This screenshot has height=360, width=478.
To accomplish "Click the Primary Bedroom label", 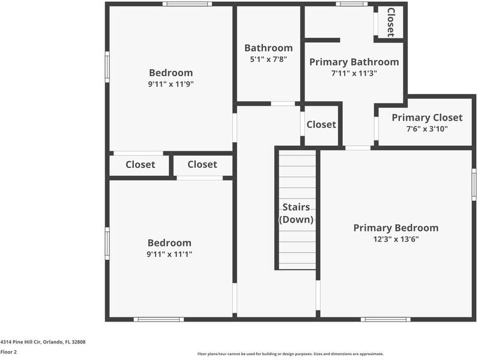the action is tap(396, 228).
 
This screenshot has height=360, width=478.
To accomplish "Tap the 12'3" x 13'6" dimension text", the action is tap(396, 239).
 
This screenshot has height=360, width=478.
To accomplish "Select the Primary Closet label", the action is tap(427, 118).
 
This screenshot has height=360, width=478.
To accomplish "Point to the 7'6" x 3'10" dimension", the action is tap(427, 129).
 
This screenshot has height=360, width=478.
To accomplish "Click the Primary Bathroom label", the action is tap(354, 62).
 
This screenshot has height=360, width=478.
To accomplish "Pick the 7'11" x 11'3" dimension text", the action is tap(354, 73).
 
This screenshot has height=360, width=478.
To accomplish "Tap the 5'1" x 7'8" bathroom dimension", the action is tap(268, 59).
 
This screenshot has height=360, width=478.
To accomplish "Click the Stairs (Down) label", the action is tap(296, 213).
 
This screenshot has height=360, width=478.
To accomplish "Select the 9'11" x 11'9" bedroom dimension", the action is tap(171, 84).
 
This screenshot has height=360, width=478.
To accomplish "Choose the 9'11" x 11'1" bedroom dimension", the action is tap(169, 254).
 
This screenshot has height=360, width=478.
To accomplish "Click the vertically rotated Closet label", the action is tap(391, 22).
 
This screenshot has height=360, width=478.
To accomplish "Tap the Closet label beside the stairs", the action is tap(321, 124).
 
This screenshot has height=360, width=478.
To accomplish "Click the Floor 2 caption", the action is tap(8, 352).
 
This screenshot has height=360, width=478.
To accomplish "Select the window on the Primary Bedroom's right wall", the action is tap(474, 185).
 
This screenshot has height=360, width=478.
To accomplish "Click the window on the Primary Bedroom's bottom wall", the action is tap(386, 319).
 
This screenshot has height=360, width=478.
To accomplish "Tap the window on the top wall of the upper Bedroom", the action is tap(187, 4).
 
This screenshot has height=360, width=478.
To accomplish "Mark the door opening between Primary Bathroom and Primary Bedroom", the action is tap(358, 148).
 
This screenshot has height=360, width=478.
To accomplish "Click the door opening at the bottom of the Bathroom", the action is tap(283, 104).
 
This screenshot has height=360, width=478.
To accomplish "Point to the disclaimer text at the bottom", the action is tap(291, 354).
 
